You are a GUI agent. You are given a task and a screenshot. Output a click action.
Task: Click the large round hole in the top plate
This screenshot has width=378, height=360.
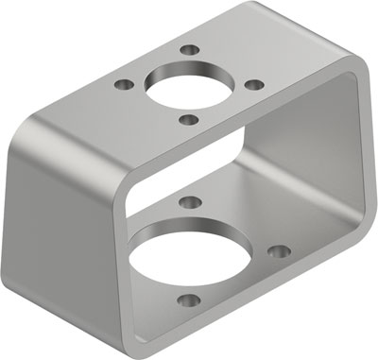pos(181,86)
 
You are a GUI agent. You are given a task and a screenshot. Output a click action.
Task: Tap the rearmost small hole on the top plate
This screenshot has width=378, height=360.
pos(192,48)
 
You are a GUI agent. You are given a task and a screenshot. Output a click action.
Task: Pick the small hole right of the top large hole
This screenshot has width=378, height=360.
pos(252,85)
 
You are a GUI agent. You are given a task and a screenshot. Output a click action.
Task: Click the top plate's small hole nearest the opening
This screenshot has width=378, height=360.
pos(190,119)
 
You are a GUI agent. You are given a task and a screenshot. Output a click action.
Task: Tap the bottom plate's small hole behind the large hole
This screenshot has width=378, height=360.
pos(190,201)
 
